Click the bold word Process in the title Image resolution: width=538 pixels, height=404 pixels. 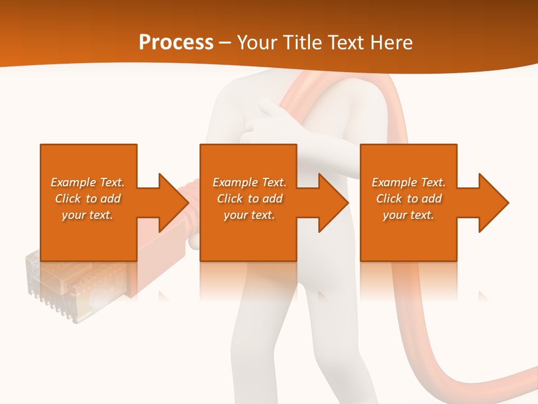coord(176,43)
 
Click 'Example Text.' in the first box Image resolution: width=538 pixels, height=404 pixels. coord(88,182)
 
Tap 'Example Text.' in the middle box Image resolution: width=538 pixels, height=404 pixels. coord(249,182)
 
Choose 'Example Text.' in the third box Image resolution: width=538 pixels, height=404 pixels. coord(409,182)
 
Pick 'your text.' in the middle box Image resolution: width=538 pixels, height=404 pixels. coord(249,215)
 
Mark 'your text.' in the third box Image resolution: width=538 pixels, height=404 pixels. coord(409,215)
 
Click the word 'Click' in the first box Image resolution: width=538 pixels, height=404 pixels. coord(68,199)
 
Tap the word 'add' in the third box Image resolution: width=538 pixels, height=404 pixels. coord(432,199)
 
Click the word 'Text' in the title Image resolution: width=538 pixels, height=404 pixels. coord(346,43)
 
